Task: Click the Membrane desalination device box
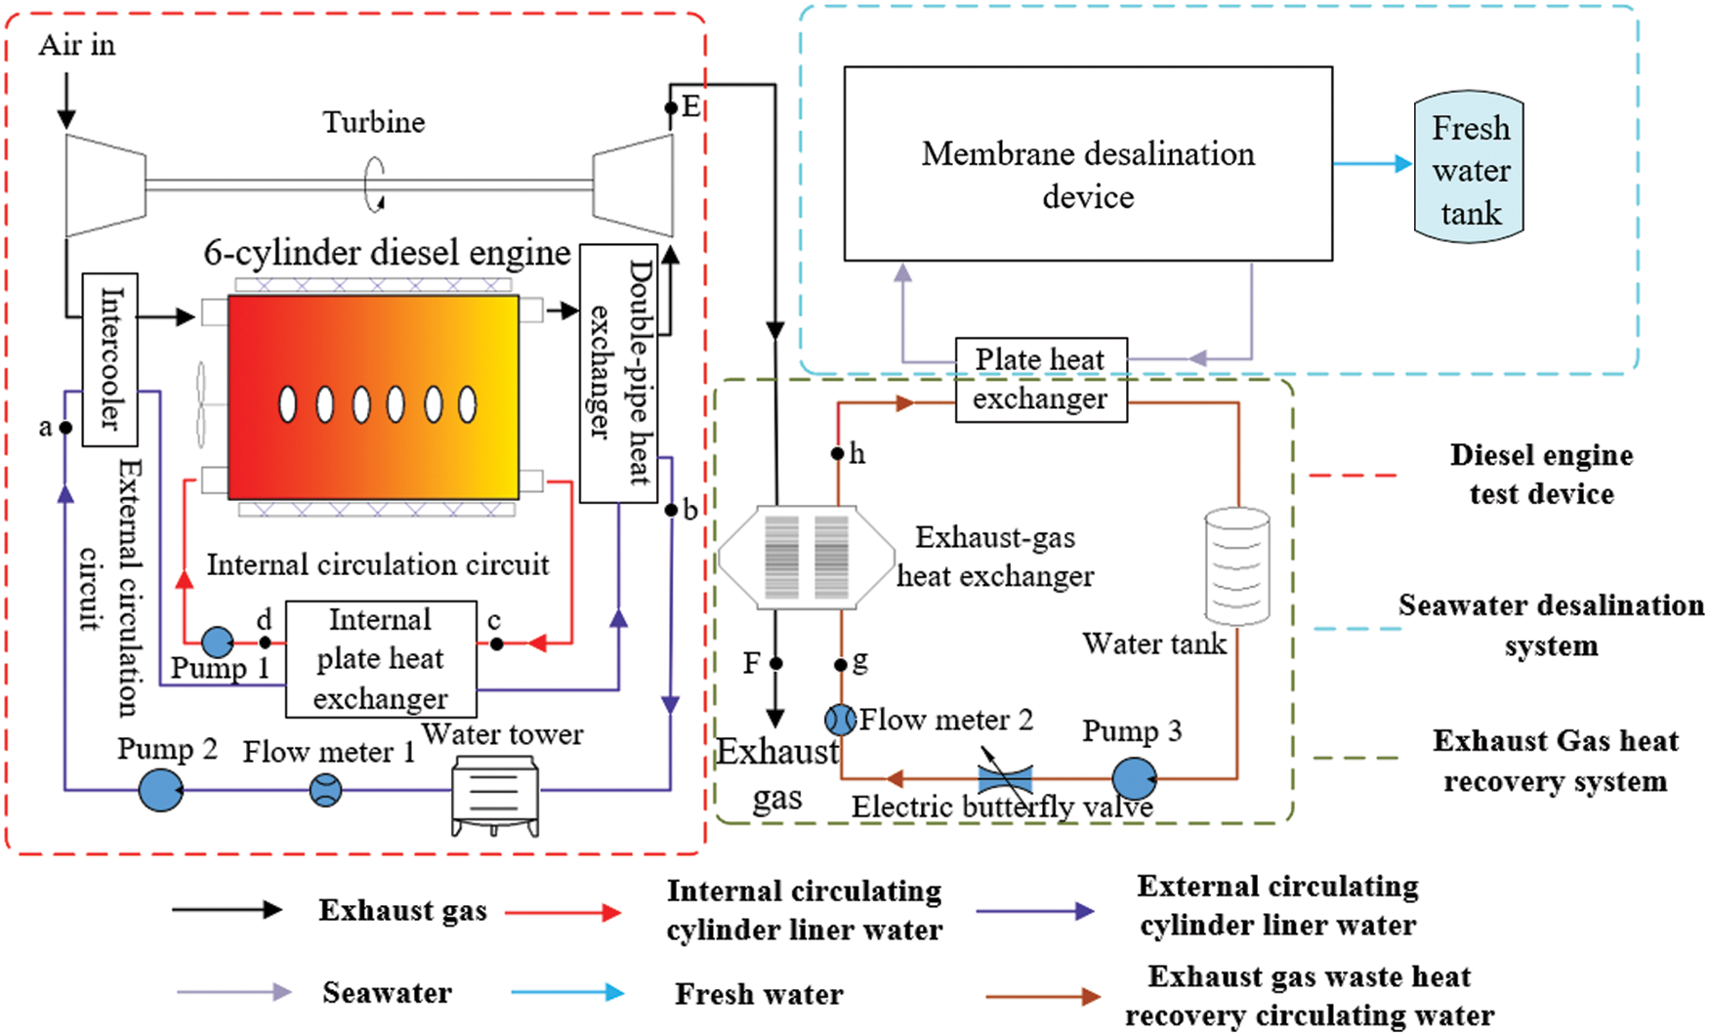click(x=1088, y=164)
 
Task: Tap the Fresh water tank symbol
click(x=1469, y=169)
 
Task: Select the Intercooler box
click(x=109, y=359)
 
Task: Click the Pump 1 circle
click(x=218, y=642)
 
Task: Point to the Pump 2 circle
click(x=160, y=789)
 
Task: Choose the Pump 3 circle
click(x=1134, y=779)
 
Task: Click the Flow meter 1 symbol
click(x=325, y=789)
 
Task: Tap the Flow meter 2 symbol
click(x=840, y=720)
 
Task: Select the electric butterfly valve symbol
click(x=1005, y=778)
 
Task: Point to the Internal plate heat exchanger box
click(x=381, y=659)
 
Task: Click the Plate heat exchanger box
click(x=1041, y=380)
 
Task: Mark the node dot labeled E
click(x=671, y=107)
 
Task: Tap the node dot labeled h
click(x=838, y=453)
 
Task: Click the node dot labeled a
click(x=65, y=428)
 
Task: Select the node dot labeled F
click(x=775, y=664)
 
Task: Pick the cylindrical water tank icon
click(x=1237, y=566)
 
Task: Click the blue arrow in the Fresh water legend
click(x=567, y=993)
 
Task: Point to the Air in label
click(x=76, y=45)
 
